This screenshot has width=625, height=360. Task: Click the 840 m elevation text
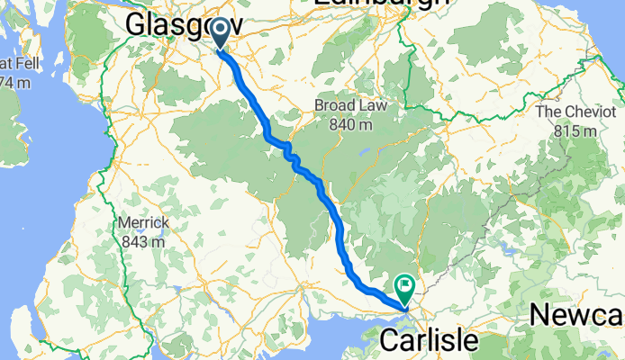(x=343, y=125)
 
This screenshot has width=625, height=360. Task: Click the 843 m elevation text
(x=141, y=241)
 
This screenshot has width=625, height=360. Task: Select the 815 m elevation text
(x=575, y=131)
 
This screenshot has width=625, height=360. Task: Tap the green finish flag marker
(x=405, y=289)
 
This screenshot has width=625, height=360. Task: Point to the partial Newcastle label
(x=576, y=315)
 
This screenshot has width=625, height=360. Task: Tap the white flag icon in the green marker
(x=406, y=286)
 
